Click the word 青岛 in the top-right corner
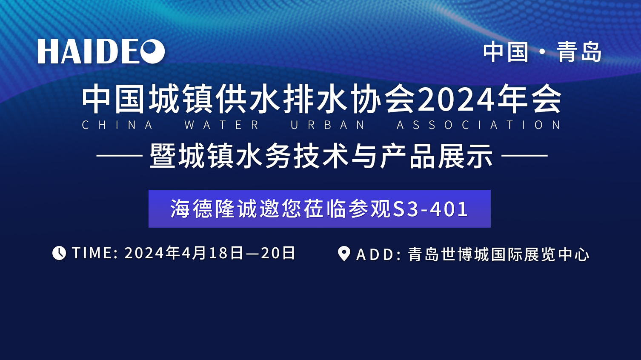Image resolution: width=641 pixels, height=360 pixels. (578, 52)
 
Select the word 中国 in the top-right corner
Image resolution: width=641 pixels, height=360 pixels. (506, 52)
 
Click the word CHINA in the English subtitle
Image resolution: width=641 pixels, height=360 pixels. (117, 125)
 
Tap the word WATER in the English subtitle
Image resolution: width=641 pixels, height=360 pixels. (221, 125)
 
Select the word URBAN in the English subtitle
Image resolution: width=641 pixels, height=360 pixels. (328, 125)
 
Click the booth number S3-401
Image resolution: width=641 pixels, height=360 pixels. (431, 209)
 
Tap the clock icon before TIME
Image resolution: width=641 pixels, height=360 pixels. (59, 253)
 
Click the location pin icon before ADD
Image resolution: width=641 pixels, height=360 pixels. (344, 254)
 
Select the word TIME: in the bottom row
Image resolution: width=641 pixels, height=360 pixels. (95, 253)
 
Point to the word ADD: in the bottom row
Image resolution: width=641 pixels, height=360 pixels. (378, 254)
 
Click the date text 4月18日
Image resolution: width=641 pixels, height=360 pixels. (212, 253)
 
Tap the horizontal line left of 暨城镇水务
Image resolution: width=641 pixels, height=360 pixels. (120, 156)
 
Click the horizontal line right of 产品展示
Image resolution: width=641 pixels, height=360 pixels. (524, 156)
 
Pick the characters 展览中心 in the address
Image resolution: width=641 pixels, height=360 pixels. (557, 254)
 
